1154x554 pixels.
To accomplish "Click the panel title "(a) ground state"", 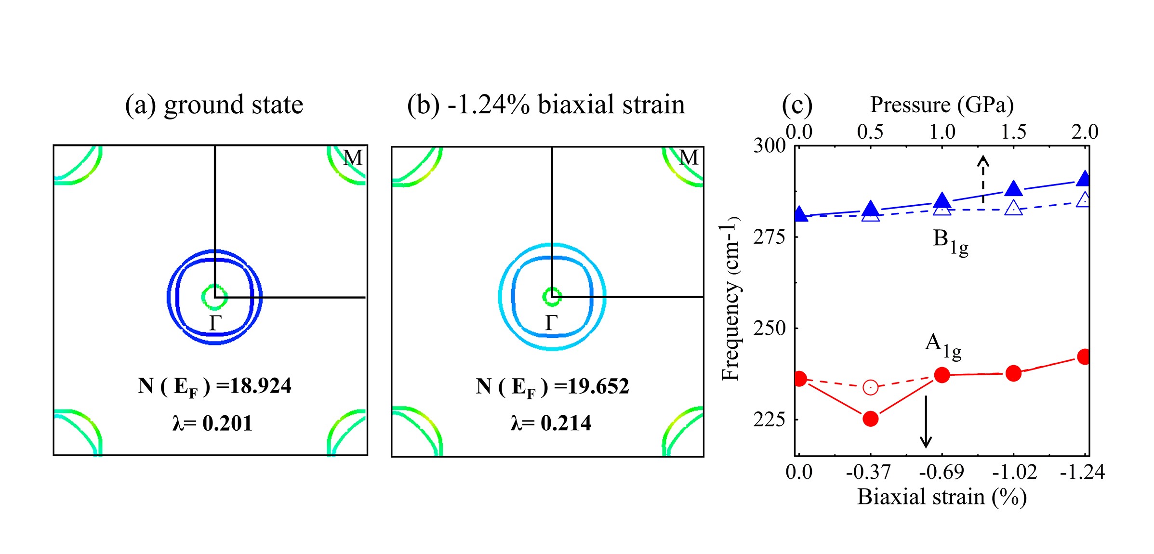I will click(214, 105).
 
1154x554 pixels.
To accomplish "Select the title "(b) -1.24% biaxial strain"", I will click(546, 105).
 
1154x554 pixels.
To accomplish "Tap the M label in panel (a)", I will click(353, 158).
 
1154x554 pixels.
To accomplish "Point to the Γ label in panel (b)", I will click(552, 323).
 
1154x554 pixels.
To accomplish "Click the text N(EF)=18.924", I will click(214, 386).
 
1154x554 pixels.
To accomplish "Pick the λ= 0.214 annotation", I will click(551, 423).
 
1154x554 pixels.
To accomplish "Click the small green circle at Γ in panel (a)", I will click(214, 297).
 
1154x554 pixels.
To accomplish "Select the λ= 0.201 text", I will click(212, 423).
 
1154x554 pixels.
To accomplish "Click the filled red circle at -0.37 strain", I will click(870, 419).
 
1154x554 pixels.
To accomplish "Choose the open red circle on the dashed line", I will click(870, 387).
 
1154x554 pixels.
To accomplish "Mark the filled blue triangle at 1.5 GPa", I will click(1014, 189).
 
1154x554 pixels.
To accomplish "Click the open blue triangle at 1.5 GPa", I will click(1014, 208).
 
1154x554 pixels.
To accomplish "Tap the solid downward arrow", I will click(926, 422).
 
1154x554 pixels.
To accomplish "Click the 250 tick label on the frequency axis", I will click(769, 329).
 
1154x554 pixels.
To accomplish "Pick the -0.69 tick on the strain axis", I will click(942, 472).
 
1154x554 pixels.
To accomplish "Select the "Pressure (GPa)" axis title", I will click(942, 105).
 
